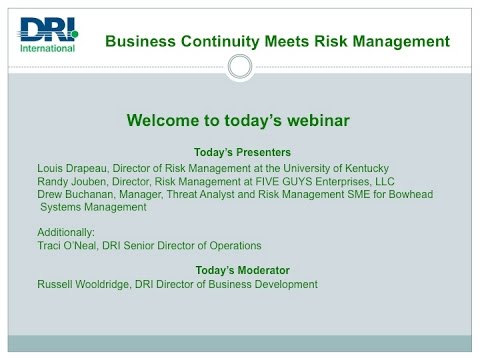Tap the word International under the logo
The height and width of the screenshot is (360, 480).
(x=47, y=47)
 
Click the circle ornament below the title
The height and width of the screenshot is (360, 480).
(x=239, y=67)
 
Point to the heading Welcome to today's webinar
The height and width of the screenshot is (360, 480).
(x=238, y=121)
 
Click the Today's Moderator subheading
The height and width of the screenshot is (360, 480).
(x=239, y=270)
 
